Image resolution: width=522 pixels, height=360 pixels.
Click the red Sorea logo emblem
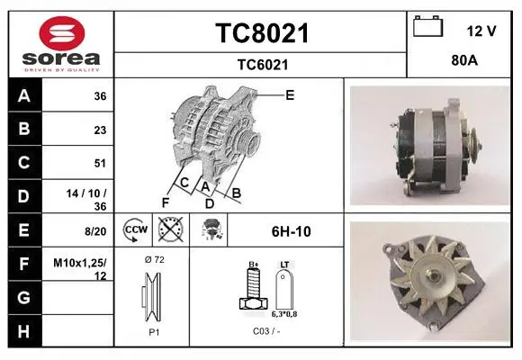click(x=62, y=33)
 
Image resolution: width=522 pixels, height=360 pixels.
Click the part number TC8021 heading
click(x=262, y=33)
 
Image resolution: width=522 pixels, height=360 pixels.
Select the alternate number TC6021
click(x=263, y=65)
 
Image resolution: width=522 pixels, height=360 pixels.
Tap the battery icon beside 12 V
click(x=428, y=26)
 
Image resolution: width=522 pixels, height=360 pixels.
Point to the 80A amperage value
click(x=464, y=60)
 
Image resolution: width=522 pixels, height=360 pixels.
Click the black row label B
click(x=24, y=129)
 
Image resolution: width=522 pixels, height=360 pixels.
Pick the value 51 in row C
click(x=100, y=163)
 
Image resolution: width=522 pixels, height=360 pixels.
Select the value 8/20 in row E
click(x=95, y=231)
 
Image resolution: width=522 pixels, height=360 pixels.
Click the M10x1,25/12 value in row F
click(x=80, y=269)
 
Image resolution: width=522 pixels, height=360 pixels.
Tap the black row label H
click(x=24, y=331)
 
